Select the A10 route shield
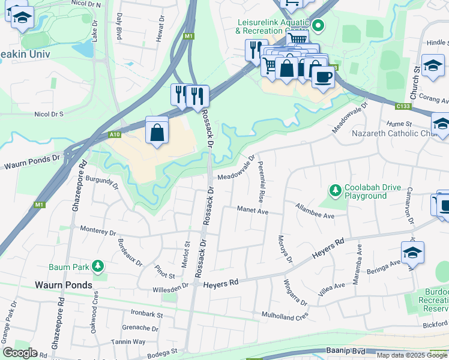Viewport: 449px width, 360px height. click(115, 135)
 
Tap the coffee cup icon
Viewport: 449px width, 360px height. click(323, 76)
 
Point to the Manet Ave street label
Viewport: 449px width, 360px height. click(252, 211)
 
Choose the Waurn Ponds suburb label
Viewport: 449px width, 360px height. click(63, 285)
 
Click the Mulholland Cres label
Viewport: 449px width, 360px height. click(285, 314)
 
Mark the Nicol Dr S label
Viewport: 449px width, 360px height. click(49, 113)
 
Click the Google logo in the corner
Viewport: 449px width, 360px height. click(20, 353)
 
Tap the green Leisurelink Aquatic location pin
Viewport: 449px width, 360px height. click(319, 26)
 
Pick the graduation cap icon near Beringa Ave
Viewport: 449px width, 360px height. click(412, 253)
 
